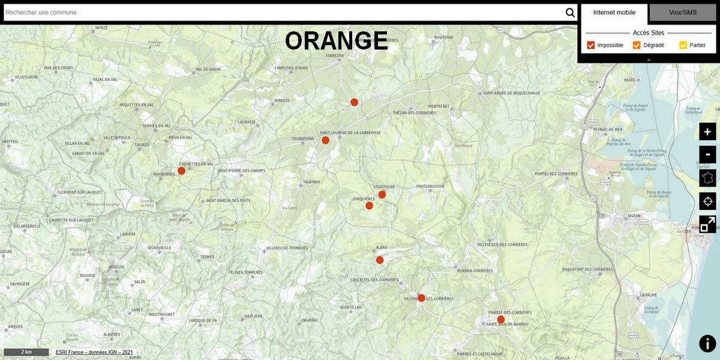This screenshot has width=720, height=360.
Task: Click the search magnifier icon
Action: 570,13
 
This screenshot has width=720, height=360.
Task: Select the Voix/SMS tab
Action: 683,13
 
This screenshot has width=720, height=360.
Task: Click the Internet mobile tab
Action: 614,13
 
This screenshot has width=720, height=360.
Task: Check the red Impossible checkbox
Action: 591,45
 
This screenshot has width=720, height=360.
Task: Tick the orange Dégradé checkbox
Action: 637,45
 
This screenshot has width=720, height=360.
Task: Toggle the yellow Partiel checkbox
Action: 683,45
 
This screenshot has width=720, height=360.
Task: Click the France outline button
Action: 707,178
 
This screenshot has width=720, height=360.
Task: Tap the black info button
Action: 707,343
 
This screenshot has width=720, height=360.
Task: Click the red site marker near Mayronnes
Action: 181,170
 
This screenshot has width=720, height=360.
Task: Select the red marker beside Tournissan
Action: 325,140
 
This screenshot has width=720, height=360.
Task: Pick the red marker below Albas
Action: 380,260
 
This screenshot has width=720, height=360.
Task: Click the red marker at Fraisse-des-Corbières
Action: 500,319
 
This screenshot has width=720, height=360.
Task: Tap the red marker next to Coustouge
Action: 382,194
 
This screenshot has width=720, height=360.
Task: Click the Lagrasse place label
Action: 247,122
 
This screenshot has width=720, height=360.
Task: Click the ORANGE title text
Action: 337,41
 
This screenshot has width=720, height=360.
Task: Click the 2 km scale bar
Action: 26,352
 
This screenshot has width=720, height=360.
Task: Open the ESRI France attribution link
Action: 94,352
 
